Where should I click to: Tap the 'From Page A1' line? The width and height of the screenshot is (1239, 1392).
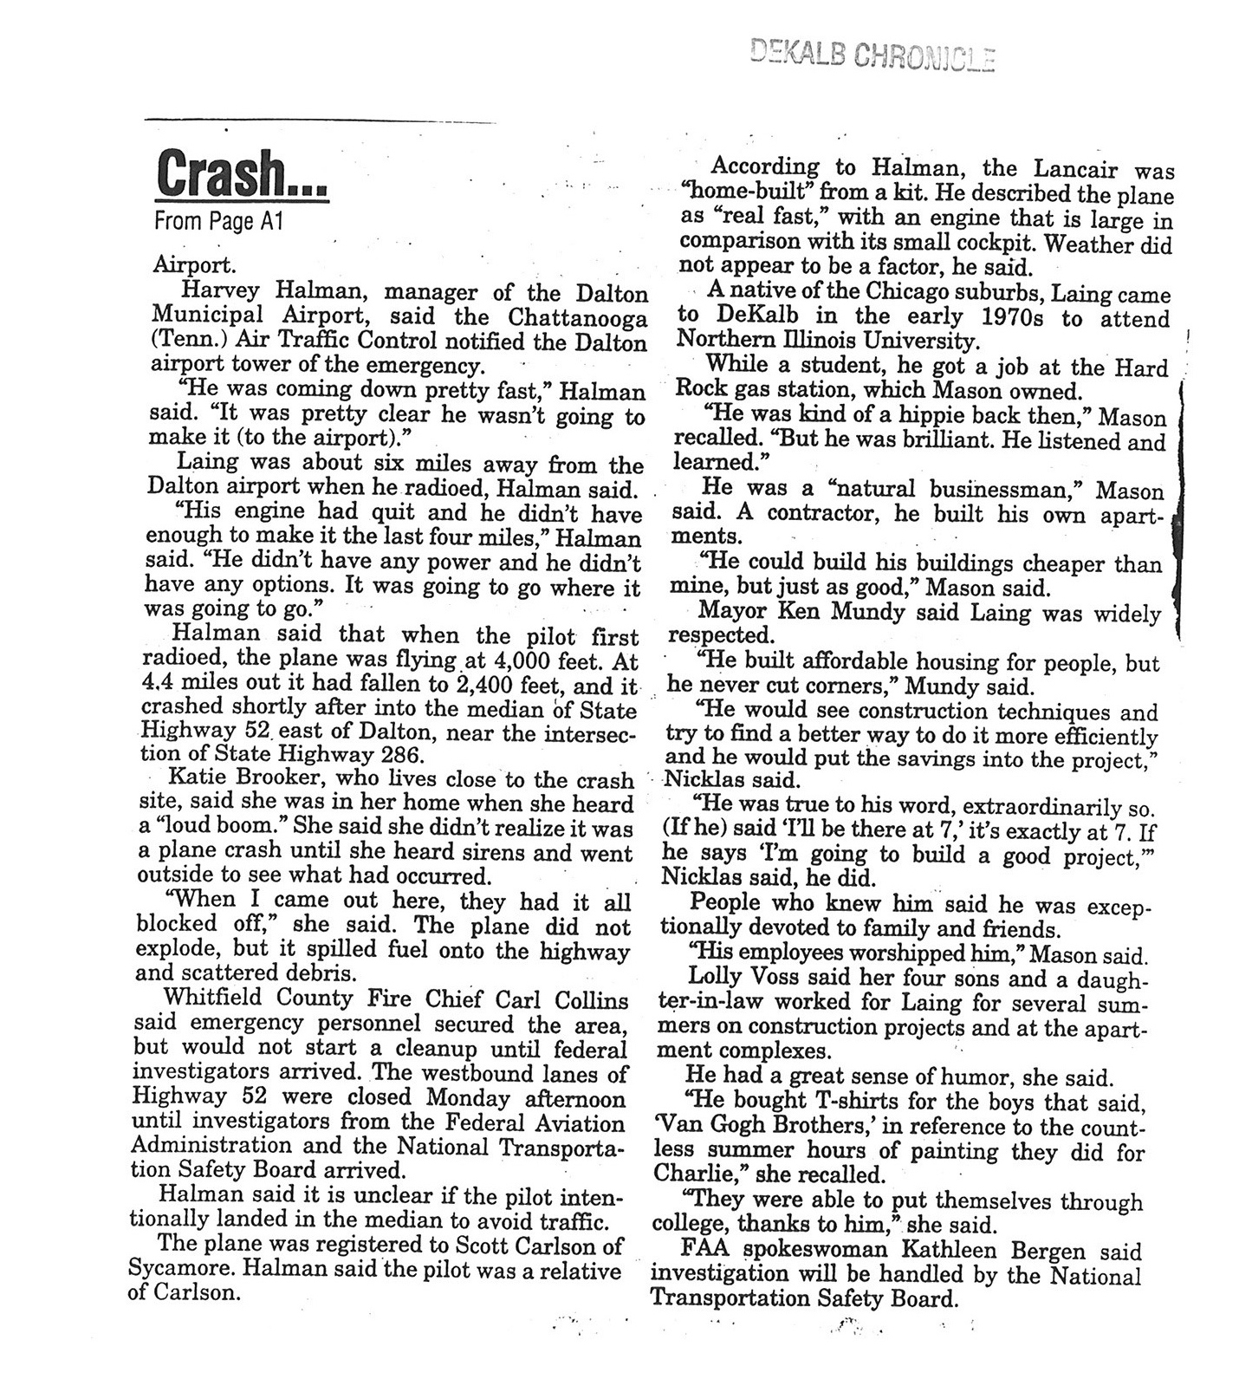tap(218, 222)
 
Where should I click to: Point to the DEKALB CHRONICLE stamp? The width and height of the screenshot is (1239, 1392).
tap(871, 56)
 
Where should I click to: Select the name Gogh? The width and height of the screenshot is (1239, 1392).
tap(765, 1129)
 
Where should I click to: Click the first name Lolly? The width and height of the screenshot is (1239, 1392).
tap(712, 979)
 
